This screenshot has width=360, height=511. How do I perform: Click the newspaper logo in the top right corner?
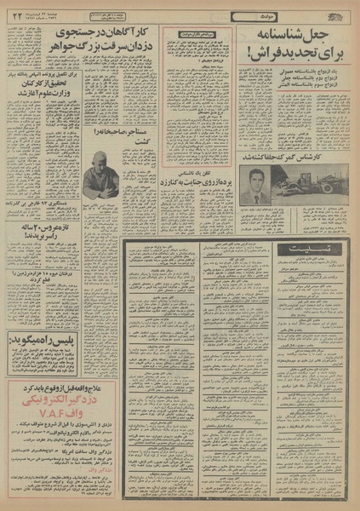337,9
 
